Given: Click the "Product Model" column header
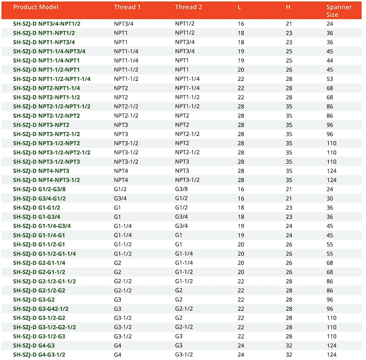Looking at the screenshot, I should tap(36, 7).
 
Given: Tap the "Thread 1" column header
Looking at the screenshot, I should tap(127, 7).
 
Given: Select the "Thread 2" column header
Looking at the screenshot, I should tap(188, 7).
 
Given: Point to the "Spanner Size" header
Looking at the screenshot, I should tap(339, 10).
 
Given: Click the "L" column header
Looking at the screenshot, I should tap(240, 7).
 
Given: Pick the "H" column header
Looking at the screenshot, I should tap(288, 7).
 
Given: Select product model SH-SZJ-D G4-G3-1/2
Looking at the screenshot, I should tap(42, 354).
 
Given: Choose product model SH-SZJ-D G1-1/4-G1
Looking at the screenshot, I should tap(39, 235).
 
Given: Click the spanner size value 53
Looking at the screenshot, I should tap(330, 79).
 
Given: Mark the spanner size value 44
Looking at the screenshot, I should tap(330, 60).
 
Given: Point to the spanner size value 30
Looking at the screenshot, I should tap(330, 198).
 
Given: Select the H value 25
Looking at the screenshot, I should tap(288, 51).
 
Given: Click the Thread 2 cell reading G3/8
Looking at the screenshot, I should tap(181, 189).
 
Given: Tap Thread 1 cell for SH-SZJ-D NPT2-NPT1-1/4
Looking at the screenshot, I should tap(121, 88).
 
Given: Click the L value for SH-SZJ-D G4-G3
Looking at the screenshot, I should tap(241, 345).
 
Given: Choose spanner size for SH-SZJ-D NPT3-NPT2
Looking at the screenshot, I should tap(330, 125).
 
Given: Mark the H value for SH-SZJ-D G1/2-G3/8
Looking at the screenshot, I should tap(288, 189).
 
